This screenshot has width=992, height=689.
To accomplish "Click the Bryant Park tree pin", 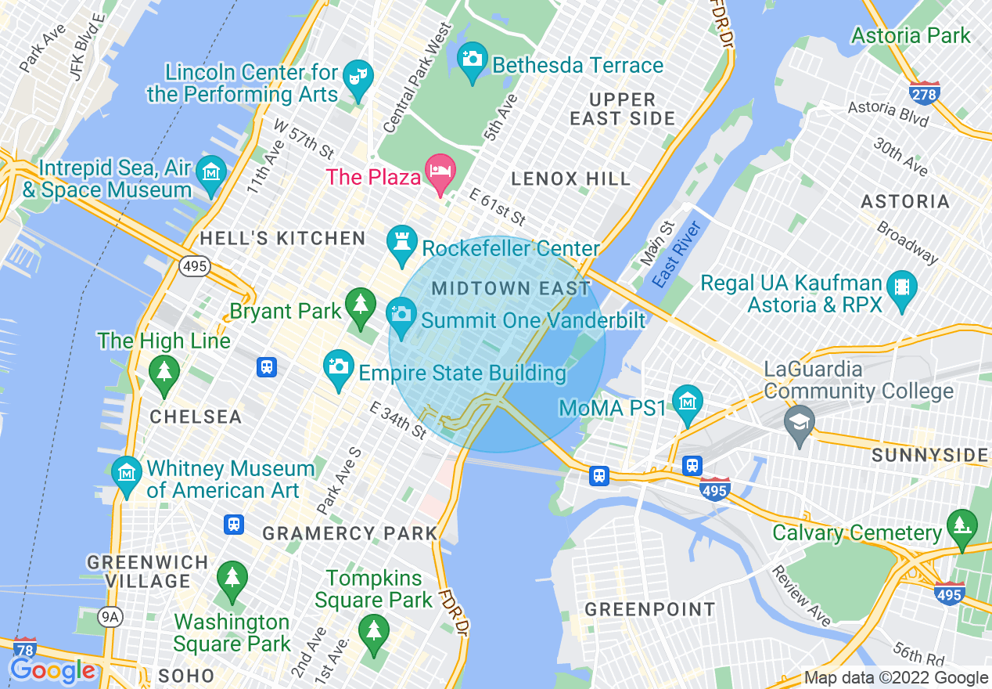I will coord(360,306).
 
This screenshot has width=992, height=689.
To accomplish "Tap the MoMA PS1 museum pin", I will coord(687,403).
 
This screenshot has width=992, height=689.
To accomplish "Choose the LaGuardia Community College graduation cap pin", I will coord(800,423).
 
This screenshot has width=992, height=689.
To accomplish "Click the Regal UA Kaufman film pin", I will coord(903,287).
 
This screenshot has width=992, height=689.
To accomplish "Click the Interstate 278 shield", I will coord(925,92).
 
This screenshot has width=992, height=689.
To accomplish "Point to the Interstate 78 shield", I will coord(25,648).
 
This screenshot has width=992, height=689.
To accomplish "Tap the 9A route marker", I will coord(110,618).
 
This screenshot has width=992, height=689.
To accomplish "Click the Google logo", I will coord(52,670).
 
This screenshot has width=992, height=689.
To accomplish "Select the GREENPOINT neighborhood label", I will coord(649,609).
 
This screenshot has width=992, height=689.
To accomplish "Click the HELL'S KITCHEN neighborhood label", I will coord(282,239).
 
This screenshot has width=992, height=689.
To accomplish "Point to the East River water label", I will coord(675,254).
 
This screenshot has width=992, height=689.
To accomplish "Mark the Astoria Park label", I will coord(911,36).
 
